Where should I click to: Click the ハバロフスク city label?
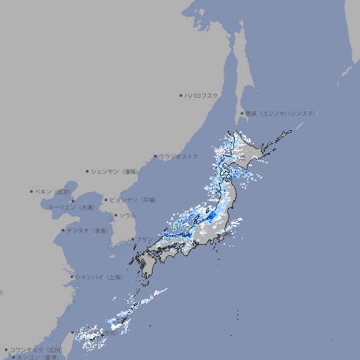pos(202,95)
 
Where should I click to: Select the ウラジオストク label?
pos(179,156)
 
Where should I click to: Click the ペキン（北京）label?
pos(53,191)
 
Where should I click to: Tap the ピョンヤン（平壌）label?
pos(133,200)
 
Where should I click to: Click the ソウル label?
pos(127,215)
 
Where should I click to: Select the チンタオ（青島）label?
pos(87,230)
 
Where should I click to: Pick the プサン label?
pos(144,240)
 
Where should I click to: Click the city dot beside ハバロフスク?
pos(181,95)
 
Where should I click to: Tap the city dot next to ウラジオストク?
pos(155,156)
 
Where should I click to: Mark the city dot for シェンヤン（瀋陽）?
pos(88,171)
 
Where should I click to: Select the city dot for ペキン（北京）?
pos(32,191)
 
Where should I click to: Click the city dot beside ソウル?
pos(115,215)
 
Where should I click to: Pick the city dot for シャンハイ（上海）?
pos(72,277)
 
